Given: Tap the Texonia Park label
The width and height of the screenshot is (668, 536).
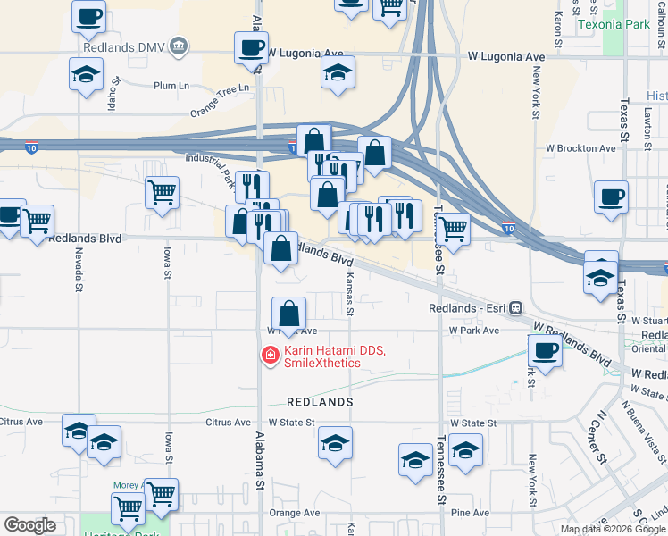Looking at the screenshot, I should pos(614,24).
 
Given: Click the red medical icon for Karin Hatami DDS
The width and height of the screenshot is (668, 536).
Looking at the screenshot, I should pos(269,356).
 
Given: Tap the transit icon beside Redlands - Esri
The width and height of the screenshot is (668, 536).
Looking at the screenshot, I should pos(515,308).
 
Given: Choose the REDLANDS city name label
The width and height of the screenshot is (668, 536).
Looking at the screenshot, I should pos(320,403).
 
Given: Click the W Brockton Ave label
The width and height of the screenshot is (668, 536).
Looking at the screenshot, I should pos(581,147).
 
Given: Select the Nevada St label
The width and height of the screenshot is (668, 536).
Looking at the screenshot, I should pos(79,272).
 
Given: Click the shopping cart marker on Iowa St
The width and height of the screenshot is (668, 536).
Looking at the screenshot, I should pos(162,192).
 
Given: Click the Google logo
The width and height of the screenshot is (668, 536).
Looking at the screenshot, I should pos(29,525).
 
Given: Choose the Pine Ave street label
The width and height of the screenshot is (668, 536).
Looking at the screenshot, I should pos(470,513).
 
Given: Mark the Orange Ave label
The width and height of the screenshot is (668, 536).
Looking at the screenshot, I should pos(295,513).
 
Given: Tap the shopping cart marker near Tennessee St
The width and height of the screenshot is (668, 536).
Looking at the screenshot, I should pos(454,231).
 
